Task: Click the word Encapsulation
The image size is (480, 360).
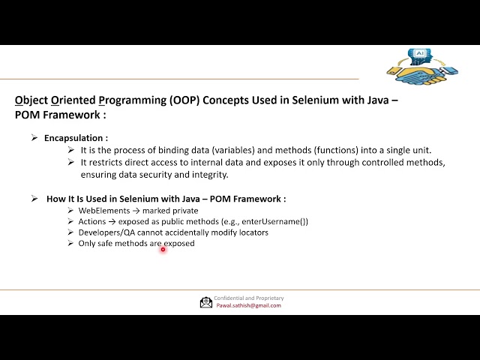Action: (74, 138)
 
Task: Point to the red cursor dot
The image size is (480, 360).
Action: (163, 249)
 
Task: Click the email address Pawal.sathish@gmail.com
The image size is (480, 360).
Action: (247, 305)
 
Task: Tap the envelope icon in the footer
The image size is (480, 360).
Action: (205, 302)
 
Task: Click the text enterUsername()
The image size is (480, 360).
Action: (277, 221)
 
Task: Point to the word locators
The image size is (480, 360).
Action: (250, 232)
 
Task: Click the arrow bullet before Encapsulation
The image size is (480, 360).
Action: (34, 138)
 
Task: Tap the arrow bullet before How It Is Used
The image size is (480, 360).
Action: (34, 199)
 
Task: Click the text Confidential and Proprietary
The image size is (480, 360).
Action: (248, 298)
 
